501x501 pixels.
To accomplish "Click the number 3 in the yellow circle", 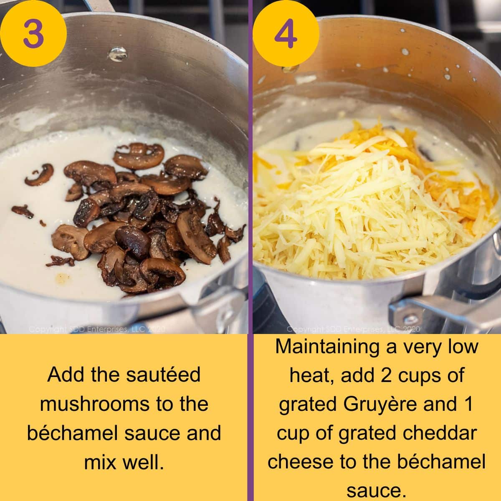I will coord(33,33).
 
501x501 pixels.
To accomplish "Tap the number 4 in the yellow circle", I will coord(286,33).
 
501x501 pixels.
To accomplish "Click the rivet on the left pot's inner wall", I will coord(117,54).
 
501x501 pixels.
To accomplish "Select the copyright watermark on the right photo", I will coord(353,329).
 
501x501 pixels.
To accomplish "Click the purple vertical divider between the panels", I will coord(250,250).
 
